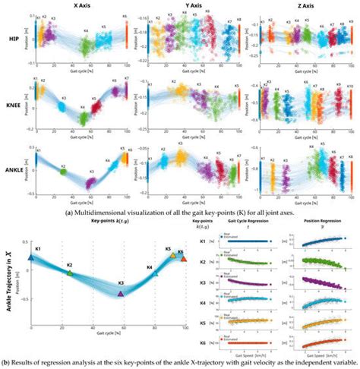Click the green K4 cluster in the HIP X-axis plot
(x=86, y=46)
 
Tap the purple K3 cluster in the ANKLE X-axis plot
(x=90, y=182)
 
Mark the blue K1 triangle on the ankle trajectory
(x=31, y=257)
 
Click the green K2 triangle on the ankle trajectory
(x=70, y=272)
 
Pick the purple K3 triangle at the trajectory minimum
(x=121, y=292)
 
